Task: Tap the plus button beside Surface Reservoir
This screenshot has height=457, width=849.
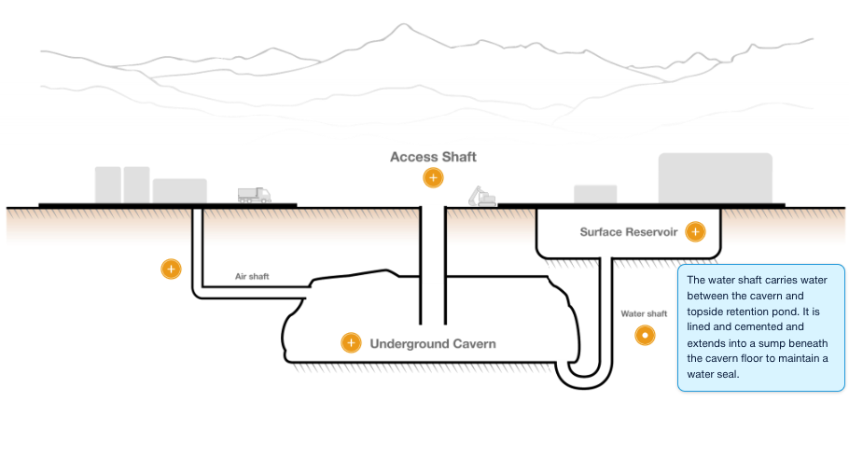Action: [x=694, y=232]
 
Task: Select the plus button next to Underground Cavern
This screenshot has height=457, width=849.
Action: [x=351, y=343]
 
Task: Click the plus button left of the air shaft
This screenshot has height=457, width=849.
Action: [x=170, y=270]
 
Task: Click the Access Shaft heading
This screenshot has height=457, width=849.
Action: [x=433, y=157]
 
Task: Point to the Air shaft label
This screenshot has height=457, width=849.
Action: [x=252, y=277]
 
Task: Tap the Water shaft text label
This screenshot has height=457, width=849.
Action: [x=644, y=314]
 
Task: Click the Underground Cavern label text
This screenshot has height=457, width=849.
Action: [x=433, y=344]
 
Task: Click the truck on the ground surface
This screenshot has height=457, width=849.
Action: [x=254, y=195]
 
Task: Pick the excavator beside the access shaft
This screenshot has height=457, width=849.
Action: [x=482, y=196]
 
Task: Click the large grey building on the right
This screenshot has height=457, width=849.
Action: [x=715, y=177]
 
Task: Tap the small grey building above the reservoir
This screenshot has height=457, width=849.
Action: [x=594, y=193]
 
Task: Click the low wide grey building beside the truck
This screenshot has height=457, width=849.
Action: [x=179, y=190]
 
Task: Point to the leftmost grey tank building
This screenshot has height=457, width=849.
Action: [x=107, y=184]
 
